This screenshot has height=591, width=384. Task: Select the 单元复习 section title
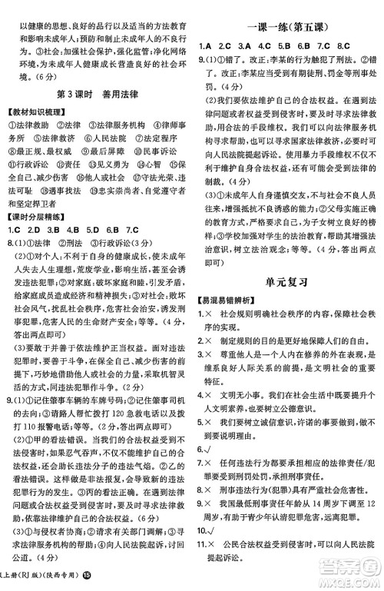point(288,281)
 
